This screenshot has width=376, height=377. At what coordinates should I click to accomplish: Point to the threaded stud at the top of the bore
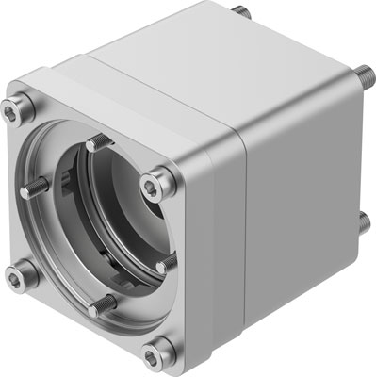(x=94, y=144)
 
